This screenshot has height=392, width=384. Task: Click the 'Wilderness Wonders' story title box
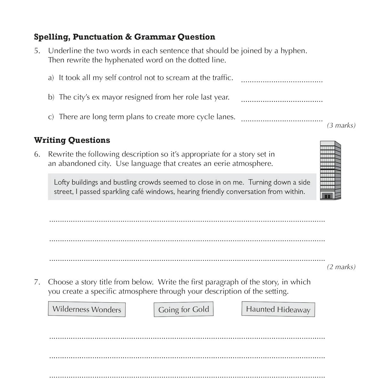[x=87, y=309]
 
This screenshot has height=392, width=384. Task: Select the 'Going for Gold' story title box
[x=183, y=310]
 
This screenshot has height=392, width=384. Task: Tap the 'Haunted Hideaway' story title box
[x=278, y=309]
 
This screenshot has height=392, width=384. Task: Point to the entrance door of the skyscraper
[x=327, y=196]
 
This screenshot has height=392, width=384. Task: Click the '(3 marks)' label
[x=341, y=125]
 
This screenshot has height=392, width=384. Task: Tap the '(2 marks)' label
[x=341, y=267]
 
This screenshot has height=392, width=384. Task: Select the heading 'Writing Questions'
[x=72, y=140]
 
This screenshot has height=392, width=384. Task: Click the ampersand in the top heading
[x=128, y=37]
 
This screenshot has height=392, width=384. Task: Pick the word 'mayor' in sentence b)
[x=112, y=97]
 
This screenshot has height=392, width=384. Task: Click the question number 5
[x=37, y=51]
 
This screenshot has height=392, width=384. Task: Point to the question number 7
[x=37, y=282]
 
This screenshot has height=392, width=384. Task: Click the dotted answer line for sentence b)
[x=282, y=101]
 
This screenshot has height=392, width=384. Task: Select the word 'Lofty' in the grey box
[x=62, y=182]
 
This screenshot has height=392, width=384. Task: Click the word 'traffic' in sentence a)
[x=221, y=78]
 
